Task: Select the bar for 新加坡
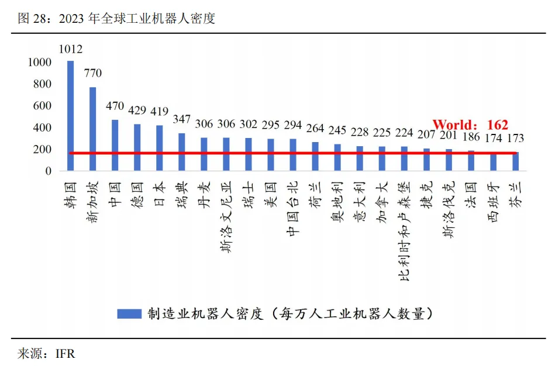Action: coord(92,129)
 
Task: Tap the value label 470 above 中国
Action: coord(115,107)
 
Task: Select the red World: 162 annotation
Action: coord(470,125)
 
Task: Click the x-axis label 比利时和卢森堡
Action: coord(404,231)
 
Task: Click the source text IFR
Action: coord(65,354)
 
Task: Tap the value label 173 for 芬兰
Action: coord(515,139)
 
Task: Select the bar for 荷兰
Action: coord(315,156)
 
